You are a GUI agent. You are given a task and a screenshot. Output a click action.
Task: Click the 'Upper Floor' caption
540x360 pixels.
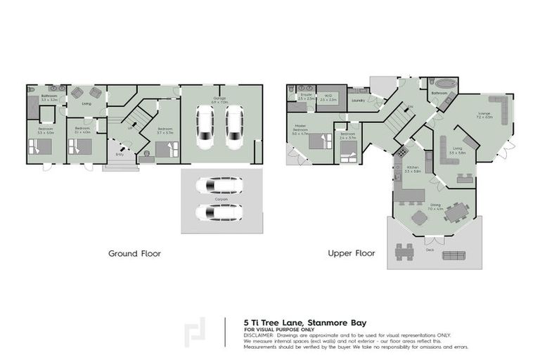pyautogui.click(x=351, y=253)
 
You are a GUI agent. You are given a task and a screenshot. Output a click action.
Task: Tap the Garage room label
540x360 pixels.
pyautogui.click(x=220, y=98)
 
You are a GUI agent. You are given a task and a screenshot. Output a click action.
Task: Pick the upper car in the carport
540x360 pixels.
pyautogui.click(x=218, y=186)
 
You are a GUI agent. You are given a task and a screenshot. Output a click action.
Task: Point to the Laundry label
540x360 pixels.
pyautogui.click(x=356, y=100)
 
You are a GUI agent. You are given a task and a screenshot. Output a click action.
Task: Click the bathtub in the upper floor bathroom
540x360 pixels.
pyautogui.click(x=442, y=83)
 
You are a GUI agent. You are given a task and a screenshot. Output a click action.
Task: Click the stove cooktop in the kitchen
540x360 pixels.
pyautogui.click(x=402, y=151)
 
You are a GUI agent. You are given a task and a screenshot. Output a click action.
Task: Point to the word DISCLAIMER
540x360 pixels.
pyautogui.click(x=259, y=335)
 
